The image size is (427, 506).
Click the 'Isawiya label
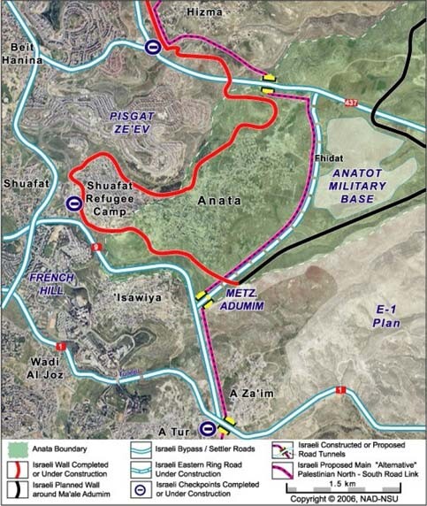[x=138, y=298]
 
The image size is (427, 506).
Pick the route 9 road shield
[x=95, y=247]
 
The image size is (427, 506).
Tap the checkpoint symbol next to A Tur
[x=206, y=428]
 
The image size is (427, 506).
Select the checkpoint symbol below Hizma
[x=153, y=48]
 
